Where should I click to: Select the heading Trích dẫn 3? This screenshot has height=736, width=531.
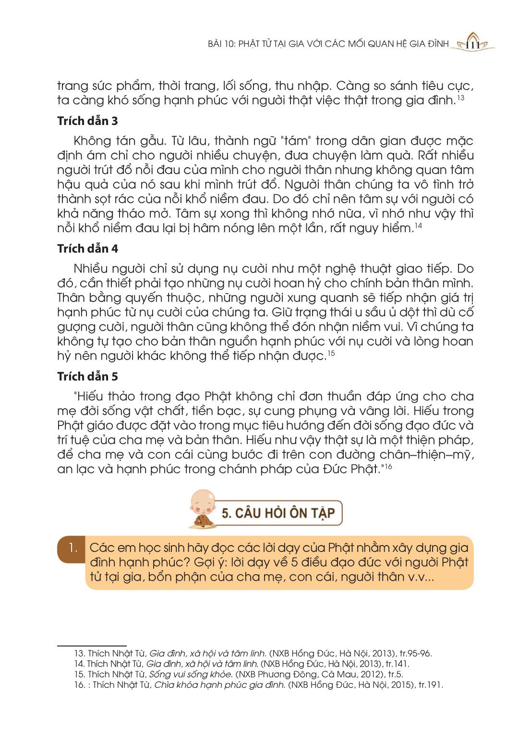pos(87,121)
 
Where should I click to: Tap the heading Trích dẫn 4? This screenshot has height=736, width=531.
pos(87,249)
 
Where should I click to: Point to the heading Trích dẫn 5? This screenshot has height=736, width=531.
pos(87,376)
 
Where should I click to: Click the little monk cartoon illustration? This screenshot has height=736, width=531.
pos(203,509)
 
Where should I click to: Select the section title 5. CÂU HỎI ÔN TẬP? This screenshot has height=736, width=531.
pos(278,513)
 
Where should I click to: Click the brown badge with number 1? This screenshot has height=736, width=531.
pos(72,548)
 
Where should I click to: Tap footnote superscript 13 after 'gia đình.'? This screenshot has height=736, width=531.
pos(460,98)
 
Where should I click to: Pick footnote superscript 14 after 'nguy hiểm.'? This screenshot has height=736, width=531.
pos(418,226)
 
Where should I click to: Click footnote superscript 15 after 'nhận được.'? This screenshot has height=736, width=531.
pos(331,354)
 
